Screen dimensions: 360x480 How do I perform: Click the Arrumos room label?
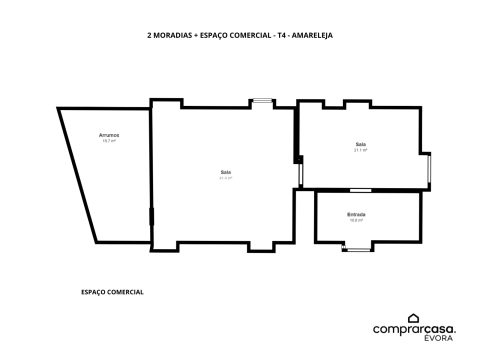click(109, 135)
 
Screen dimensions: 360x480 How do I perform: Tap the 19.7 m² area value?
click(109, 141)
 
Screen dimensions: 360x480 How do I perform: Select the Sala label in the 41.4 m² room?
click(225, 172)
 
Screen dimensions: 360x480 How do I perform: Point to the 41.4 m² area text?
click(225, 178)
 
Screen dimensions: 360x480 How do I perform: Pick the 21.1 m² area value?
click(360, 150)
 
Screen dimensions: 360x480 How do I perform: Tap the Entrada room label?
click(356, 214)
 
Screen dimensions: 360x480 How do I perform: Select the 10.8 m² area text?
click(356, 220)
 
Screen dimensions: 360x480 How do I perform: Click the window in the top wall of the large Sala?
click(262, 100)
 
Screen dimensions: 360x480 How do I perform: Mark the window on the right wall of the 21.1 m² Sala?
click(429, 169)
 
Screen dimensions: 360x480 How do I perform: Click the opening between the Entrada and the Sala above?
click(360, 190)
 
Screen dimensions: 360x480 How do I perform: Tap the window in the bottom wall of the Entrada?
click(358, 249)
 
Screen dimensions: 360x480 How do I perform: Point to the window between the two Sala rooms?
click(300, 174)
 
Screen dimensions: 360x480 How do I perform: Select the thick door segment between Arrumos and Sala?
click(151, 217)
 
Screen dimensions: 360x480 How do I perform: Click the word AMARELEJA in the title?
click(312, 35)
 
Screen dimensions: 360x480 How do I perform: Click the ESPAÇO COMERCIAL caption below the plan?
click(112, 292)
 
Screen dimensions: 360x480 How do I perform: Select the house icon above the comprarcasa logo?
click(413, 318)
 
